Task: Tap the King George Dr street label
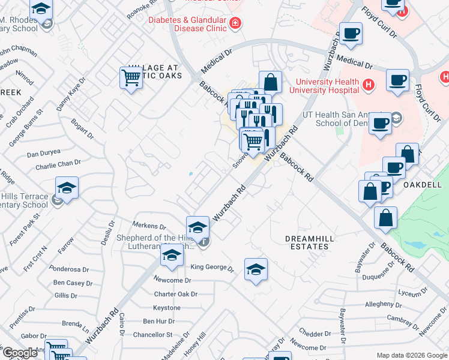tap(211, 267)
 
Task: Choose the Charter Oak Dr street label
tap(175, 295)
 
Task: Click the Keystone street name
tap(166, 308)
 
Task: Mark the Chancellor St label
tap(153, 334)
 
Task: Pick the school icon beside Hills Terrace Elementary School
tap(67, 188)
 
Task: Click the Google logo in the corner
tap(20, 353)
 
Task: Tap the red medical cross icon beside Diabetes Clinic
tap(236, 23)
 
